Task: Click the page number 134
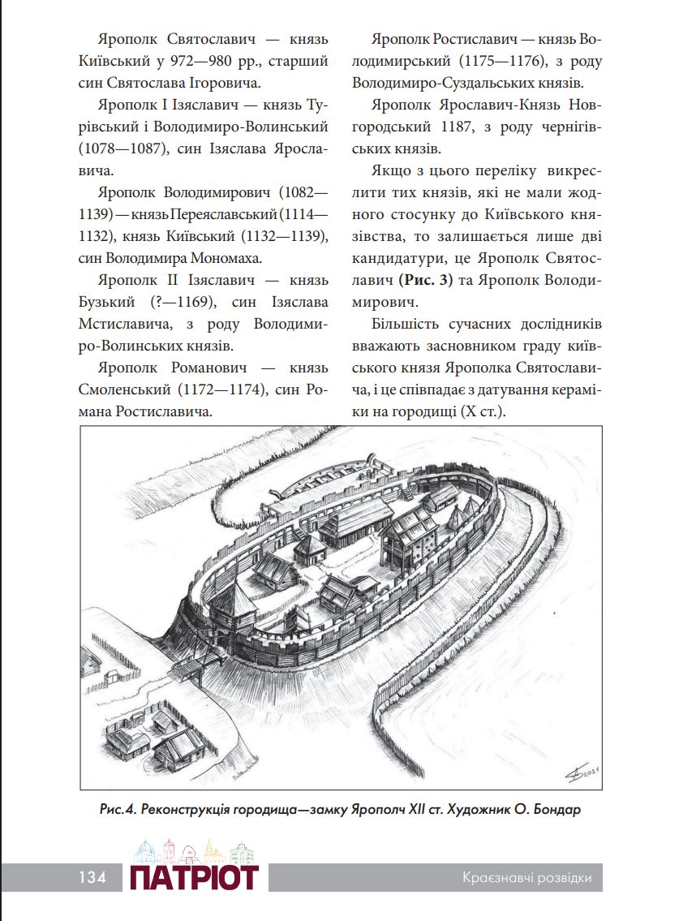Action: pos(92,877)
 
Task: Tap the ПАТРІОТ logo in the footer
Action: pos(194,876)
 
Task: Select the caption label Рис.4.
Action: pos(115,810)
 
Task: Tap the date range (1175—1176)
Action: pos(500,62)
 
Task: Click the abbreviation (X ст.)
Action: pos(483,411)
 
